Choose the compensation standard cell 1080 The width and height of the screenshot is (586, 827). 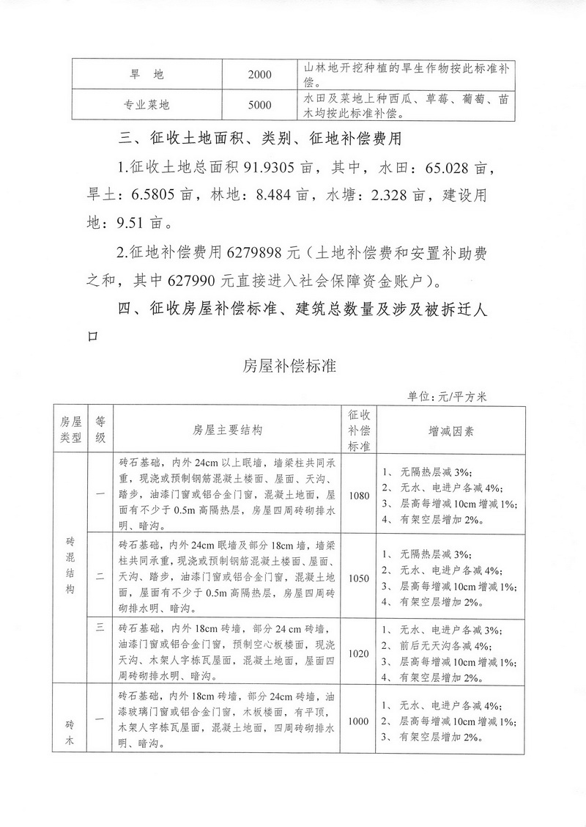point(359,496)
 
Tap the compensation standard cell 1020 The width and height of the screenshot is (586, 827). point(359,652)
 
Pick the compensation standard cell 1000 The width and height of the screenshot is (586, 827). point(359,721)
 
